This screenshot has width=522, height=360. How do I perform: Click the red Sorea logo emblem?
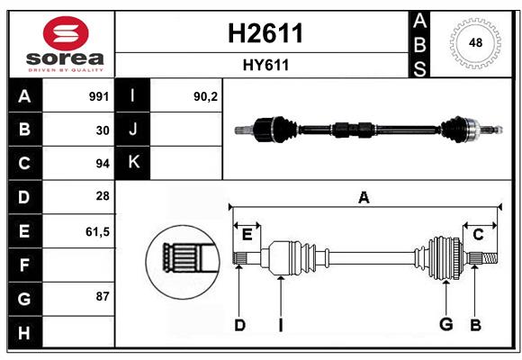[66, 33]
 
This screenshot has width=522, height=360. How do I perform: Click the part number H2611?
[265, 33]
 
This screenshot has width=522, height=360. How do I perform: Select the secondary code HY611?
[265, 65]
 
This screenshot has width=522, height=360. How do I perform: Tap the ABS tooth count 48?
[475, 42]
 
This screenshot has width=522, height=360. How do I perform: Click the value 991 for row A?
[99, 96]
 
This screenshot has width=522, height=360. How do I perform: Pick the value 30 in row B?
[103, 130]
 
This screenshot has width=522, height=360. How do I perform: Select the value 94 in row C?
[103, 164]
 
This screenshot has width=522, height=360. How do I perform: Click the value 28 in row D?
[103, 196]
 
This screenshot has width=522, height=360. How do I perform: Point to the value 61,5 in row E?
[97, 231]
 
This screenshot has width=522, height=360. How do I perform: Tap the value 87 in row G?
[103, 296]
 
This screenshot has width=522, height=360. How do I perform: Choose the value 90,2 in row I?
[205, 96]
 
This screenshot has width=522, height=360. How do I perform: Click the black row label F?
[25, 265]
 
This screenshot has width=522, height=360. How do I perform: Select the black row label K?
[133, 163]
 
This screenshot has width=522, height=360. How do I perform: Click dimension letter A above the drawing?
[364, 197]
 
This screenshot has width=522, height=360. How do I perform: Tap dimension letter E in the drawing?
[247, 235]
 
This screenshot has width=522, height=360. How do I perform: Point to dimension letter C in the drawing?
[478, 235]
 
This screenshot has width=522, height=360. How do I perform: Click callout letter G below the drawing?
[446, 324]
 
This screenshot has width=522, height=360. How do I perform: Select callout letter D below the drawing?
[239, 325]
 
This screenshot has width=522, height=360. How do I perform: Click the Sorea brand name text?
[65, 58]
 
